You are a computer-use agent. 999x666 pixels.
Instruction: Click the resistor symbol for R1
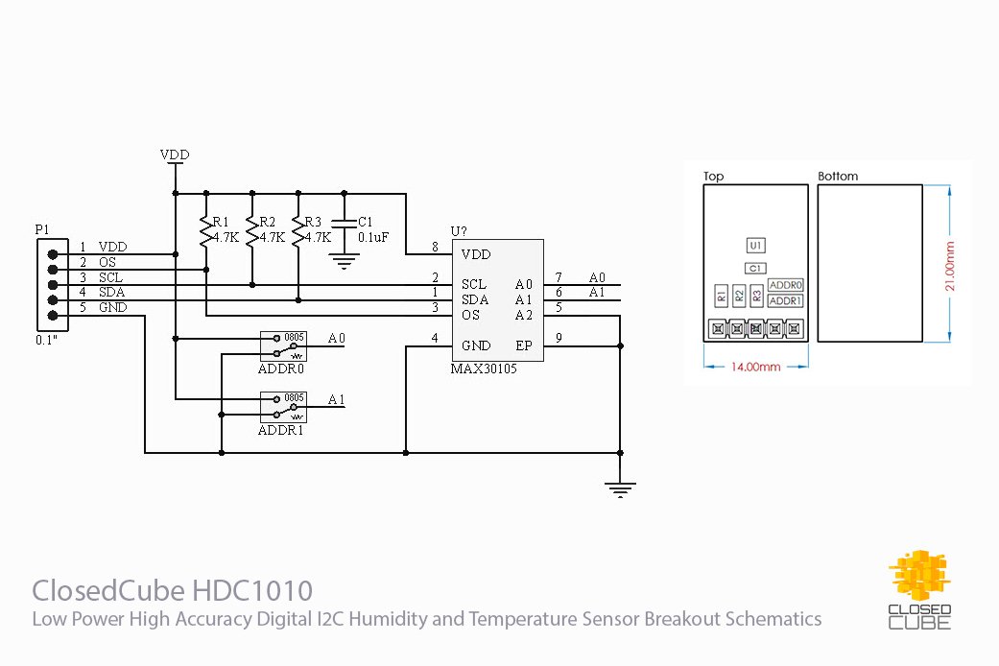pyautogui.click(x=203, y=230)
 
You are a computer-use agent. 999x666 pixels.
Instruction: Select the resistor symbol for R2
pyautogui.click(x=250, y=230)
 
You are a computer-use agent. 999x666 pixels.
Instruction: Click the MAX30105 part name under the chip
pyautogui.click(x=484, y=369)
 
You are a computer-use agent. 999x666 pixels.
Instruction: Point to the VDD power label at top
pyautogui.click(x=175, y=155)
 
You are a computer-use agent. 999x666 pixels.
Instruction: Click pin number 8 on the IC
pyautogui.click(x=435, y=248)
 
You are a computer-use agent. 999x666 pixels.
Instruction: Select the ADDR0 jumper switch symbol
pyautogui.click(x=283, y=348)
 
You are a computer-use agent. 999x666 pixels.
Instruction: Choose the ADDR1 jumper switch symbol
pyautogui.click(x=283, y=409)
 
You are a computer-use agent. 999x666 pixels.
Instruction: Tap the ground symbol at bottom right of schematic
pyautogui.click(x=621, y=489)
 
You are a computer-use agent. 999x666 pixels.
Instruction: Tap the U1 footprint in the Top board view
pyautogui.click(x=756, y=247)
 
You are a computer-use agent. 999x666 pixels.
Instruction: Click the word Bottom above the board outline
pyautogui.click(x=838, y=177)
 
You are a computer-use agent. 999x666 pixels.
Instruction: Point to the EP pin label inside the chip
pyautogui.click(x=524, y=345)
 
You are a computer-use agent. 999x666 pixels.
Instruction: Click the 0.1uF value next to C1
pyautogui.click(x=372, y=237)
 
